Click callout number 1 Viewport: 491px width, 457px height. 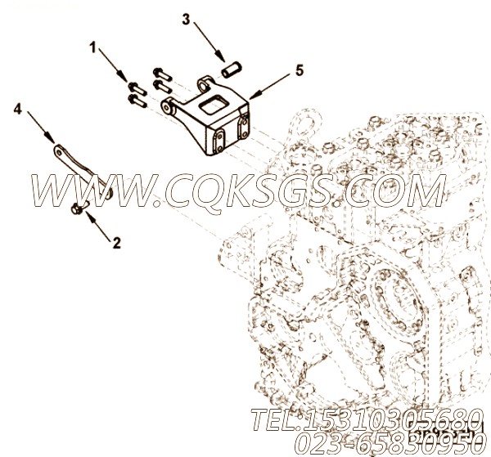click(92, 48)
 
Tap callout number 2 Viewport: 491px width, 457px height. click(116, 243)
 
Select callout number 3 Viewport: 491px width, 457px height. click(186, 20)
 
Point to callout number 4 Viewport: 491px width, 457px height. click(18, 110)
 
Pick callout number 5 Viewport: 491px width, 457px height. click(300, 71)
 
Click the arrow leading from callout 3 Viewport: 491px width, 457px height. click(209, 42)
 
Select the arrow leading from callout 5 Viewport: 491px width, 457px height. click(269, 87)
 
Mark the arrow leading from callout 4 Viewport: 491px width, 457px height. click(41, 128)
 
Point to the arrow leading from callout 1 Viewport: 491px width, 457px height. click(114, 65)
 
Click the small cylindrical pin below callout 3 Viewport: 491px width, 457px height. click(232, 69)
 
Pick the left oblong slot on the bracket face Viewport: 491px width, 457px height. click(218, 142)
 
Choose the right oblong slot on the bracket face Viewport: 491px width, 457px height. click(243, 128)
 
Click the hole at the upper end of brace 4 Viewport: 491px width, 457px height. click(59, 151)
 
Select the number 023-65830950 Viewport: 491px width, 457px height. click(387, 443)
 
